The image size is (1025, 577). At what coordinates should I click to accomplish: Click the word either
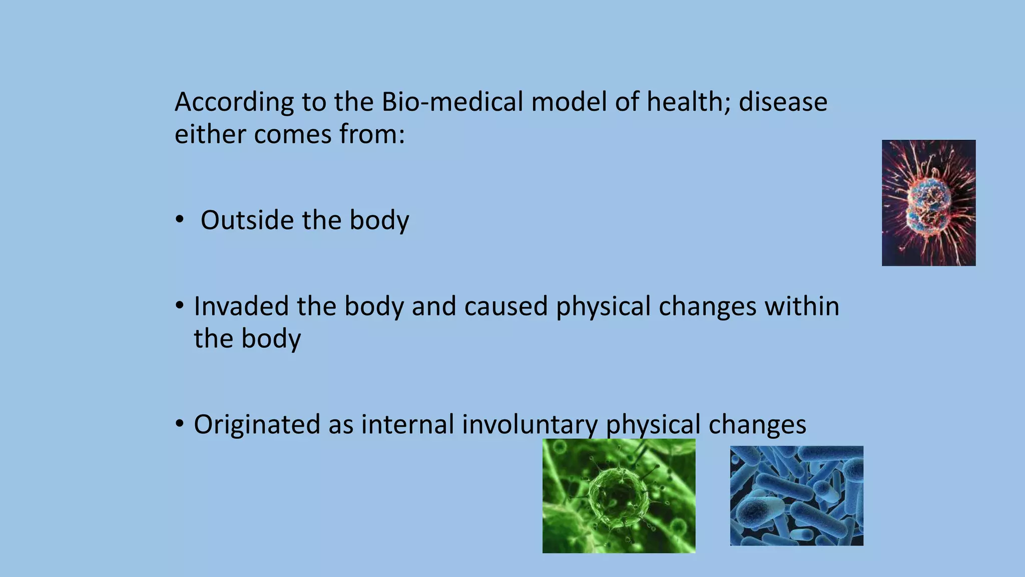(210, 134)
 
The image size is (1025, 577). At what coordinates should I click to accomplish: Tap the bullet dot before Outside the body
(180, 220)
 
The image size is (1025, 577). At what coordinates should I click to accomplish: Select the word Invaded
(241, 306)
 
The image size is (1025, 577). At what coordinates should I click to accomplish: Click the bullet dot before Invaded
(180, 306)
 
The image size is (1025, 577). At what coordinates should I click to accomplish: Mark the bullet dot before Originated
(180, 424)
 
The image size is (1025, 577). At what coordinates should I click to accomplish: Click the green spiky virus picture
(619, 496)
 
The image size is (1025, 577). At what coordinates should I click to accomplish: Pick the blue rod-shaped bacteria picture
(796, 495)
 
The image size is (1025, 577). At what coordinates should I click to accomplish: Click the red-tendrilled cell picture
(928, 203)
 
